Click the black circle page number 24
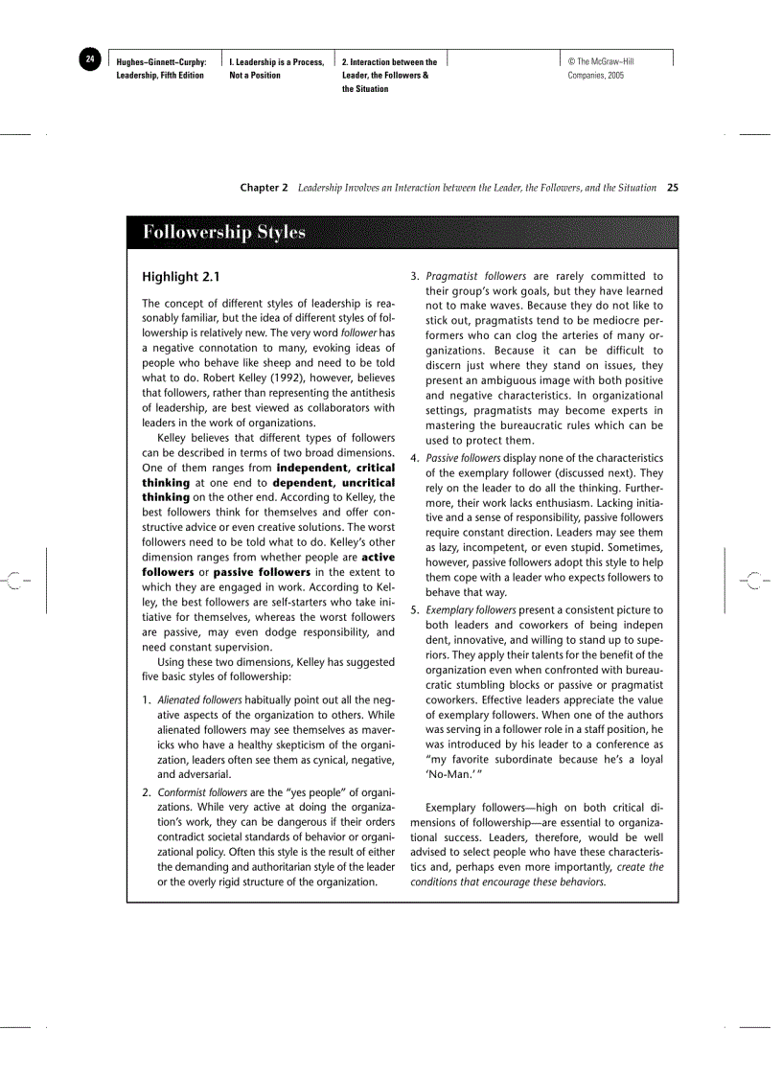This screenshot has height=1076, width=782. tap(89, 60)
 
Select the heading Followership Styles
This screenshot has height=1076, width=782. tap(224, 232)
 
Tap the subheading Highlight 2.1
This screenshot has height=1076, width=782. tap(181, 278)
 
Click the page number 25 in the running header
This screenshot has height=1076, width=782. tap(672, 188)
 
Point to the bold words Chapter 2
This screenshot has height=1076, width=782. tap(264, 188)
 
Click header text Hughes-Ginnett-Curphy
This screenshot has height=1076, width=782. tap(161, 62)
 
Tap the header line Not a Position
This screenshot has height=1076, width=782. tap(255, 76)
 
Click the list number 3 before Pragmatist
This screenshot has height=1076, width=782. tap(414, 277)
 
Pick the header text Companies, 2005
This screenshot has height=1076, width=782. tap(596, 76)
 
